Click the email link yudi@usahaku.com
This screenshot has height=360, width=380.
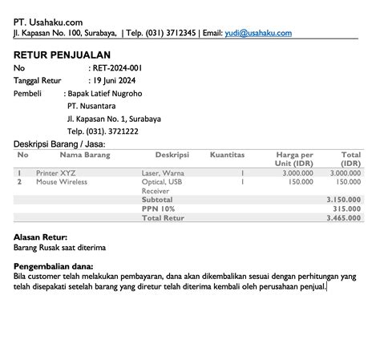pos(258,33)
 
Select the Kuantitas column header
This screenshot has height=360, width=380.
pos(227,154)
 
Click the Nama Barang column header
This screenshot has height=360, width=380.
pos(85,154)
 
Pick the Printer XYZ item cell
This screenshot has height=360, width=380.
pos(57,172)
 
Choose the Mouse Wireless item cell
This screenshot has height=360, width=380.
pos(62,182)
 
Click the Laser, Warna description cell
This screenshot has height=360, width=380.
pos(163,172)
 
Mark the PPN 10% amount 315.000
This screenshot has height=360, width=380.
pos(347,208)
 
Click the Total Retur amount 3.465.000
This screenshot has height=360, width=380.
pos(343,217)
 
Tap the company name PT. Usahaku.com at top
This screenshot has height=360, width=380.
pos(48,21)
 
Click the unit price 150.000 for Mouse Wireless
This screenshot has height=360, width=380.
pos(301,182)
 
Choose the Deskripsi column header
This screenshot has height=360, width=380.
pos(172,154)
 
